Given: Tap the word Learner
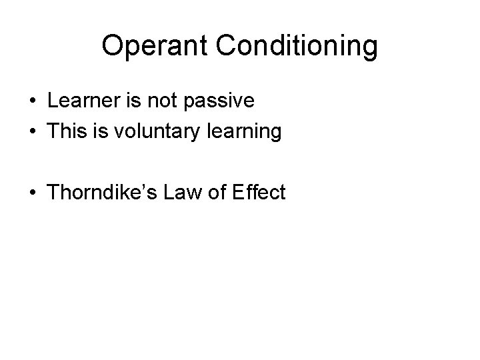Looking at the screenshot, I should [80, 101].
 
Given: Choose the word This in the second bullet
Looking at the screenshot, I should [64, 132].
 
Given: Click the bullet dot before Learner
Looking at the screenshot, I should [32, 102].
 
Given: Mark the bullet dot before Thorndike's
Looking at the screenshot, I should [32, 194].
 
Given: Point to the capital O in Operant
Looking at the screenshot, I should [113, 47].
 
